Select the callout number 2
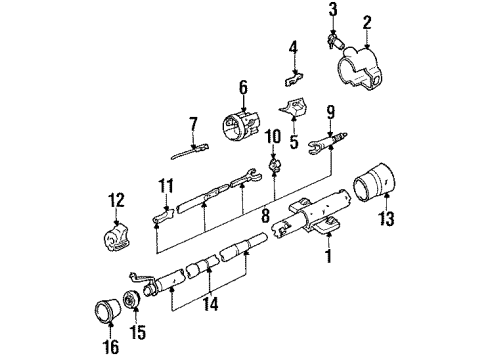[367, 21]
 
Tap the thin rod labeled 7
[178, 151]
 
